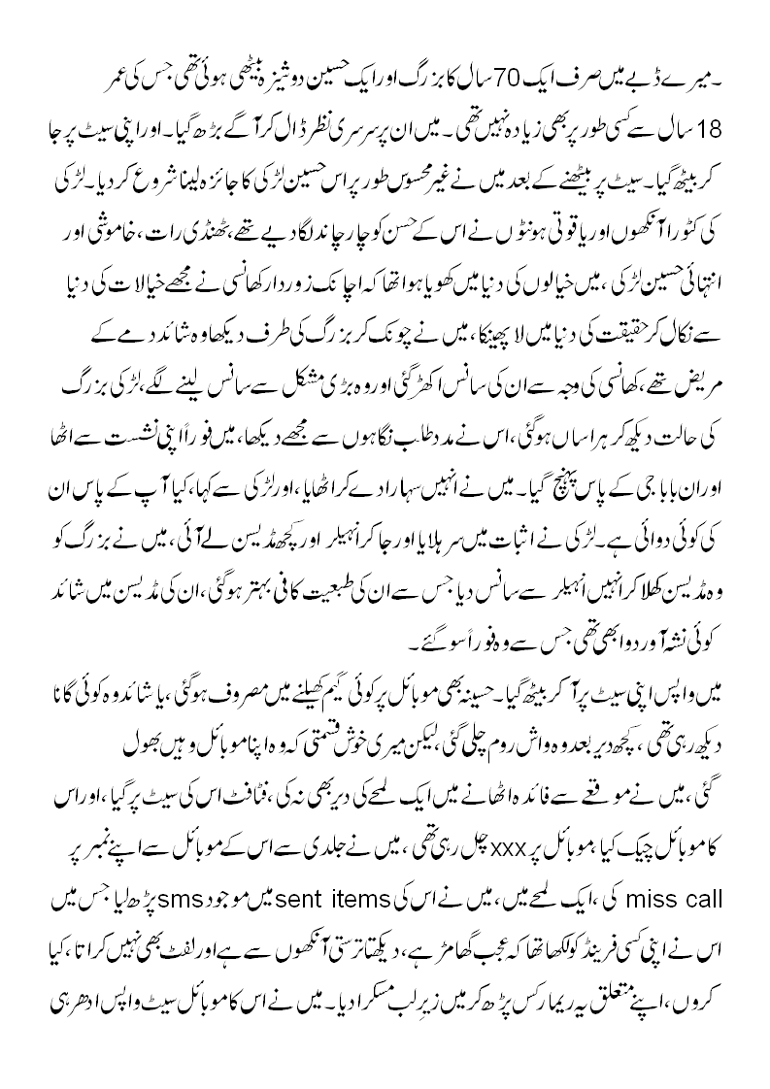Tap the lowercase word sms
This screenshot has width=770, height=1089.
[255, 898]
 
